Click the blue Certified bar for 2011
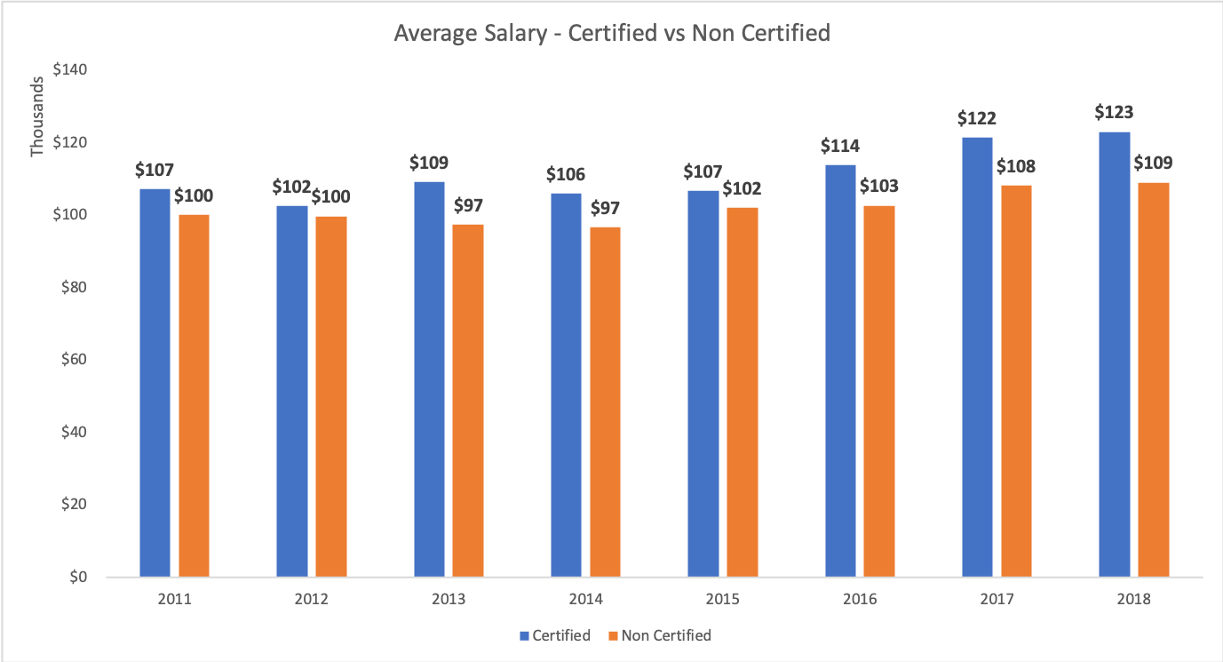click(155, 383)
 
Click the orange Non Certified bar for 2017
click(1017, 381)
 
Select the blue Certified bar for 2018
click(1115, 355)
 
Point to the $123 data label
click(1114, 113)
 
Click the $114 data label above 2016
click(840, 146)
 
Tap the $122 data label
click(977, 118)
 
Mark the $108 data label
click(1017, 166)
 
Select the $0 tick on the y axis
click(80, 577)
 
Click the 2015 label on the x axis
click(723, 600)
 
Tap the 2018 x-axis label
click(1134, 600)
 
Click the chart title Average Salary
click(611, 34)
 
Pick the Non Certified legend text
click(666, 635)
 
